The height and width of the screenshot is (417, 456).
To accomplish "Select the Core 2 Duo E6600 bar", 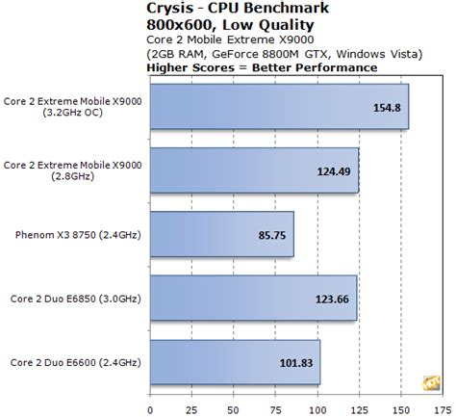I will point(237,363).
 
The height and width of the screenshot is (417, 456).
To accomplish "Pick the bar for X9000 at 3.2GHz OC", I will point(280,106).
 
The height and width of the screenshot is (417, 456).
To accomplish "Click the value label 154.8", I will point(385,106).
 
